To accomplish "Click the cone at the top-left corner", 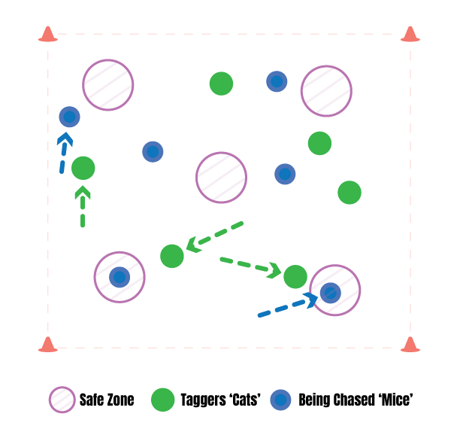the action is tap(48, 34).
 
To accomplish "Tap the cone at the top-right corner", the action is tap(410, 34).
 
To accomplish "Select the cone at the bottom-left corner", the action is tap(48, 345).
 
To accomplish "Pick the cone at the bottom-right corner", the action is tap(410, 345).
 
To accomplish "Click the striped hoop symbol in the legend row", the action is tap(62, 400).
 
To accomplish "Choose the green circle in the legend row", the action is tap(163, 400).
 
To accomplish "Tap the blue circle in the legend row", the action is tap(280, 400).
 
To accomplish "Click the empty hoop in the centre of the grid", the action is tap(222, 178).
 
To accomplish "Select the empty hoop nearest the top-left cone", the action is tap(108, 85).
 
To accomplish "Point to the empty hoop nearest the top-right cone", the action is tap(326, 91).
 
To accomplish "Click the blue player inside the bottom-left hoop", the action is tap(120, 277).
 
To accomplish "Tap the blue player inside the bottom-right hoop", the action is tap(330, 293).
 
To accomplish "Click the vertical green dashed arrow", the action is tap(83, 206).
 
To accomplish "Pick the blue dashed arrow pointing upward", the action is tap(64, 153).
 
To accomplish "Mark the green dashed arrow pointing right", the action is tap(250, 265).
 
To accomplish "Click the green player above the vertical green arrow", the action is tap(83, 168).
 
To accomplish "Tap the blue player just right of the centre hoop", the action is tap(285, 174).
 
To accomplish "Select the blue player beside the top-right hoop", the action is tap(277, 81).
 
